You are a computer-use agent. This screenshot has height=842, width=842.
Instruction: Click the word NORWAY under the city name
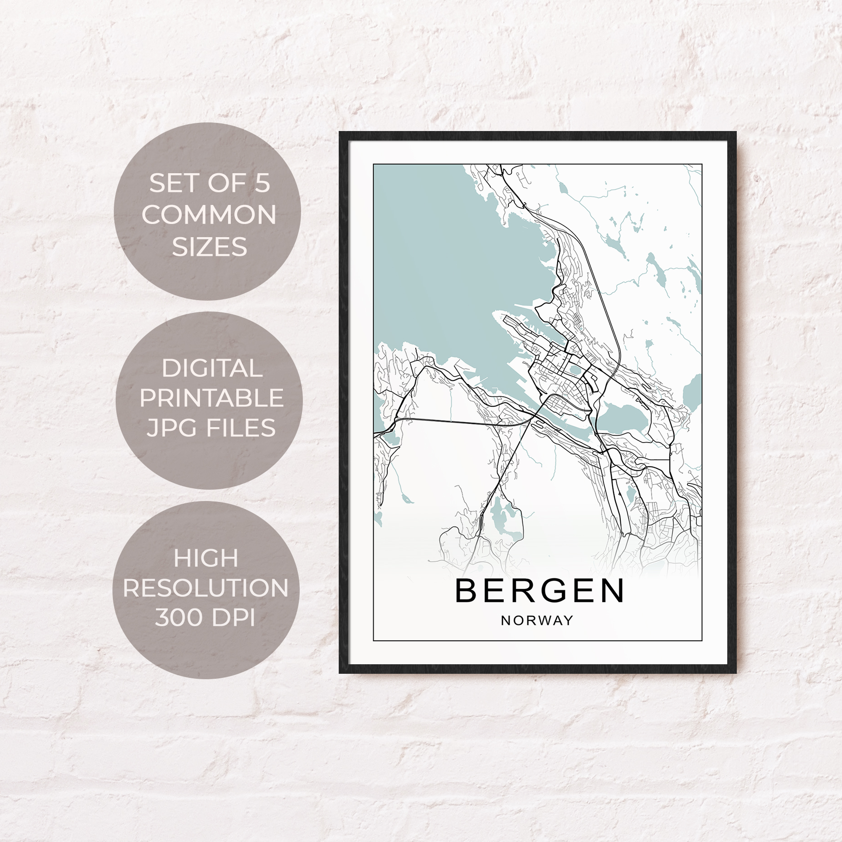537,620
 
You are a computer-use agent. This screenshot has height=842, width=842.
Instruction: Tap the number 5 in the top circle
262,184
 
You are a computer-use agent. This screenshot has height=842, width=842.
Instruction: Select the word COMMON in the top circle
209,215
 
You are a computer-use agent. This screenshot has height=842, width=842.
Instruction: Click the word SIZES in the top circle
209,247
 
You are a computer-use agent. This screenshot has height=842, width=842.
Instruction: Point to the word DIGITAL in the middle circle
212,368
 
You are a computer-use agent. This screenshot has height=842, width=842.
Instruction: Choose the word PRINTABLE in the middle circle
211,398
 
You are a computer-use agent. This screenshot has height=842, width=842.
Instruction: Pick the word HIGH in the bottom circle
206,558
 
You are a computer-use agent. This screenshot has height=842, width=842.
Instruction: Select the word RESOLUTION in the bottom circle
205,588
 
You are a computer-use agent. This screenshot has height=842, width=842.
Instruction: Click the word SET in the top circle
171,184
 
